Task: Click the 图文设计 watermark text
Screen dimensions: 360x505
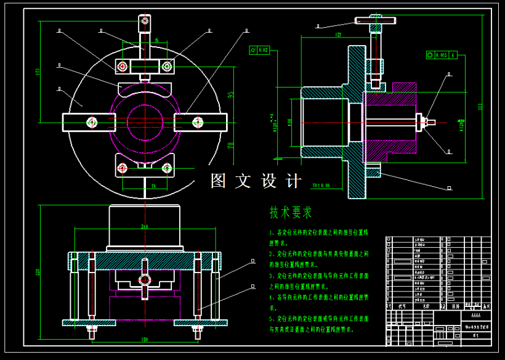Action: click(x=256, y=181)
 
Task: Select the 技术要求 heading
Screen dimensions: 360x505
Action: click(x=290, y=213)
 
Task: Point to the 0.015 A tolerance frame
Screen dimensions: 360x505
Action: click(x=442, y=55)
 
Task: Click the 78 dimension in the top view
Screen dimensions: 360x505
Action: click(x=231, y=145)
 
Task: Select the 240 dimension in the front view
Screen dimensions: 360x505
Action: click(x=145, y=227)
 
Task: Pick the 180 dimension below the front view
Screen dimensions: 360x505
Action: click(x=145, y=339)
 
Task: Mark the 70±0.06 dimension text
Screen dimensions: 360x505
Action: click(x=321, y=184)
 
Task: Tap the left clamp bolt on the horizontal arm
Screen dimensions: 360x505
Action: click(x=92, y=122)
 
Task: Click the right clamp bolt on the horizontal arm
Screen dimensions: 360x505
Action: click(x=198, y=122)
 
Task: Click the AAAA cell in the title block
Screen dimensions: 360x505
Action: click(x=472, y=314)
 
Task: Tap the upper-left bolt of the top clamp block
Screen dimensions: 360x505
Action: click(x=123, y=65)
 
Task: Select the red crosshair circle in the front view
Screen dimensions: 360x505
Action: click(x=145, y=279)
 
